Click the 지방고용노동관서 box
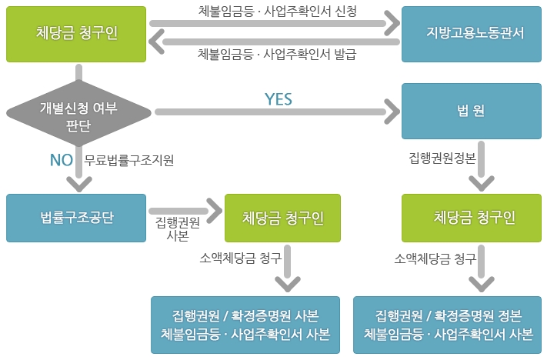tap(472, 34)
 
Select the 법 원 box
tap(472, 111)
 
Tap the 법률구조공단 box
tap(76, 218)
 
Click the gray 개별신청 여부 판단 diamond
tap(78, 113)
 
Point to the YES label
tap(279, 99)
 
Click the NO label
tap(62, 160)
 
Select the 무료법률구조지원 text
tap(129, 160)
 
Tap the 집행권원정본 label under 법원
tap(442, 158)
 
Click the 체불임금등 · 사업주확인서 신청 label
tap(278, 12)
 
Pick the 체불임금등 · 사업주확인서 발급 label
tap(277, 54)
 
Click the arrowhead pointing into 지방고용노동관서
tap(392, 23)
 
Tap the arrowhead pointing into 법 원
tap(392, 112)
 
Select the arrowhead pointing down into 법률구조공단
tap(79, 184)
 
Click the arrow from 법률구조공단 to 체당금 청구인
tap(185, 211)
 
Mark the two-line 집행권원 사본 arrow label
tap(178, 228)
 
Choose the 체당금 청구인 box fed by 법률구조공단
tap(282, 218)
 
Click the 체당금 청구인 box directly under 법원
tap(472, 218)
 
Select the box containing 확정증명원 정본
tap(447, 325)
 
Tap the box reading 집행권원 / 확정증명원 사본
tap(245, 325)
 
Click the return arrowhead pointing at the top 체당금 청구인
tap(156, 42)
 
